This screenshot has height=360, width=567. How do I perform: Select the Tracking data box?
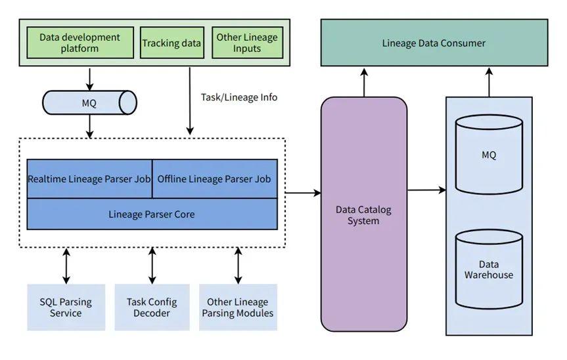pos(171,43)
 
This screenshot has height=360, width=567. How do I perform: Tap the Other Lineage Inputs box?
pos(247,43)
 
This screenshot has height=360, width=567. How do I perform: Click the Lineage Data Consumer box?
pos(434,43)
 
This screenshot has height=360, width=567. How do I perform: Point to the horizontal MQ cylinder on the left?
pos(89,102)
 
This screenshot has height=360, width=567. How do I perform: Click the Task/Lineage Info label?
pos(239,97)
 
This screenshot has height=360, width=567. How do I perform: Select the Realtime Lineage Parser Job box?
pos(89,179)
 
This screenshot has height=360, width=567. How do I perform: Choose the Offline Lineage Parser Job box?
pos(215,179)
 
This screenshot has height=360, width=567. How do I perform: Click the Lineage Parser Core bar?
pos(152,214)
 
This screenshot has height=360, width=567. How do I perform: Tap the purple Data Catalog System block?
pos(363,215)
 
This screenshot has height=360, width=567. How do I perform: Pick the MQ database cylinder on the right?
pos(489,155)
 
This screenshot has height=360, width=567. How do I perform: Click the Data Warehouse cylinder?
pos(489,269)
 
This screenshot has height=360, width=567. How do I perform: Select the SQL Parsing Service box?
pos(66,307)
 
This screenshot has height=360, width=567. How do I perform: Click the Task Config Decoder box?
pos(152,307)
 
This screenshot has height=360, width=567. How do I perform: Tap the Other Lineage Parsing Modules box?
pos(238,307)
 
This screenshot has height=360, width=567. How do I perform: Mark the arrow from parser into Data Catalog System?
pos(304,192)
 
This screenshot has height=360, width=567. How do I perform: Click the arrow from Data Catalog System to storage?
pos(426,191)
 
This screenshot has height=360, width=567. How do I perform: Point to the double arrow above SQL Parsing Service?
pos(66,265)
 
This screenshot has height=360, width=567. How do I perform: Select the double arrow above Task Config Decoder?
pos(152,265)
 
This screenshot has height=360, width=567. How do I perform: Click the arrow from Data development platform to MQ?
pos(90,78)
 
